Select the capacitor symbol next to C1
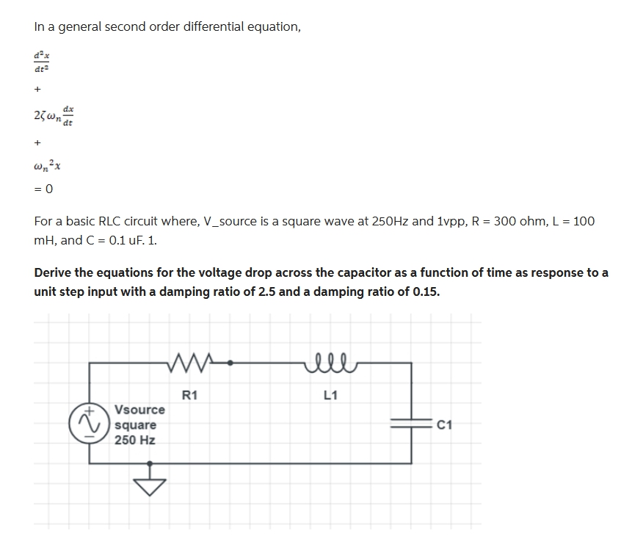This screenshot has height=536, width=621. click(x=410, y=424)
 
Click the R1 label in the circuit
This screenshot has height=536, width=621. click(x=189, y=396)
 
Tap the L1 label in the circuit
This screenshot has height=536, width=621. click(x=330, y=396)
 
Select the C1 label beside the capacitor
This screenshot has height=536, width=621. click(x=443, y=424)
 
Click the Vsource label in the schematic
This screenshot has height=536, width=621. click(x=140, y=409)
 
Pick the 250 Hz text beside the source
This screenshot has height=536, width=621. click(x=135, y=441)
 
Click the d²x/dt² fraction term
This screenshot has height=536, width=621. click(x=41, y=61)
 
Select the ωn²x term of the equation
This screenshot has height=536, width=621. click(x=46, y=166)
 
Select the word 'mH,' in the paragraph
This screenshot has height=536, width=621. click(x=49, y=240)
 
